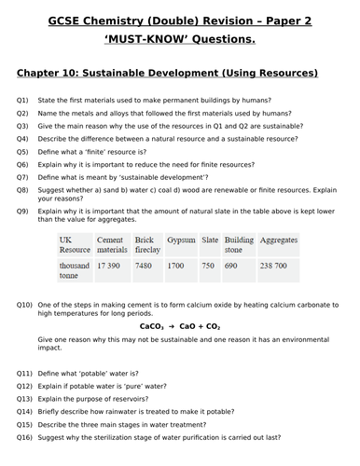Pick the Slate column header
[x=210, y=240]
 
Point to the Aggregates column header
[x=279, y=240]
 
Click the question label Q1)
[x=22, y=100]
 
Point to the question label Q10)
[x=24, y=305]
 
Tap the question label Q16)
[x=24, y=437]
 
